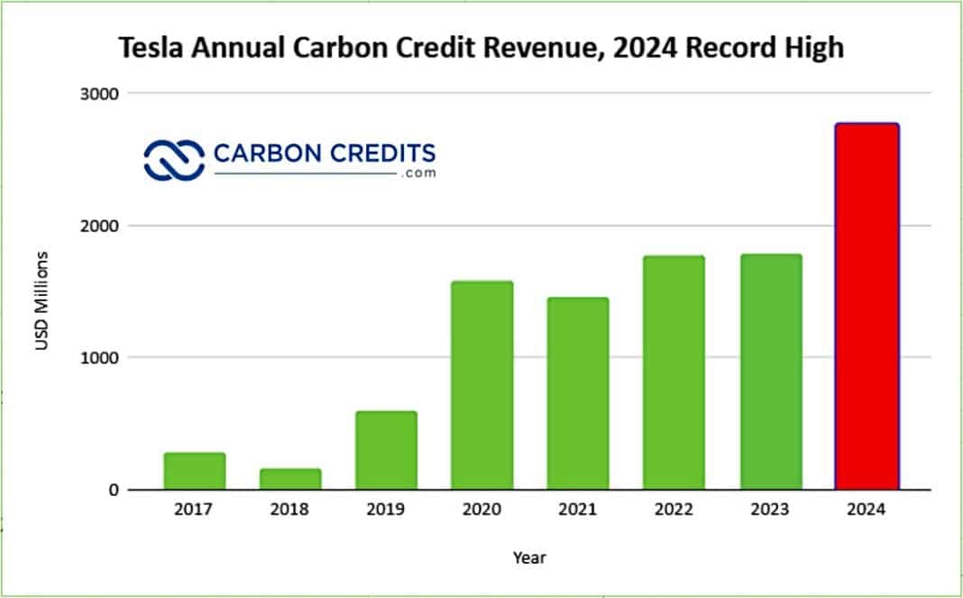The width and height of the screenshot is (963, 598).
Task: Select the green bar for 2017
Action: click(194, 471)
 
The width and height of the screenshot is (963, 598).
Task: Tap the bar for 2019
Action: click(386, 450)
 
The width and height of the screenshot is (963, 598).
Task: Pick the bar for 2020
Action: click(482, 385)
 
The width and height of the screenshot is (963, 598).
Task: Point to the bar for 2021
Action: click(578, 393)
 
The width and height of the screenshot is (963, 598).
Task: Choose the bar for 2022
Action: click(674, 373)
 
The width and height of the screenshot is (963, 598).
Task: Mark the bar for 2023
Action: click(771, 372)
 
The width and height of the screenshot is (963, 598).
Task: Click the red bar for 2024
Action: click(867, 307)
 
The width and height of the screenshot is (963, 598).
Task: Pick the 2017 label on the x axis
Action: click(194, 510)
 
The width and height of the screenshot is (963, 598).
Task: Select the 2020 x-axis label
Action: click(482, 510)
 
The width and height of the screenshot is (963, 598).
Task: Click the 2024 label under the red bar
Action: click(867, 510)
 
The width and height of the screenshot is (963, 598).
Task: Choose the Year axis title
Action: click(529, 557)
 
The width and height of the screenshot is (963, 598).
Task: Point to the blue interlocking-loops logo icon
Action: click(173, 160)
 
